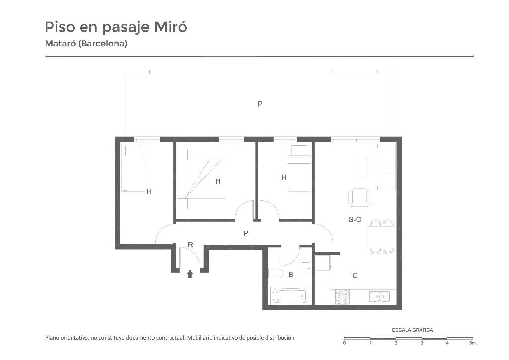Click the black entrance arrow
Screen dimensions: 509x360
point(190,274)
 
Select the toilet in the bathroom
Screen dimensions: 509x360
point(276,273)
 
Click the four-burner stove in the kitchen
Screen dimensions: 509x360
point(342,297)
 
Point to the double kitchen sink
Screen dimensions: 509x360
point(379,296)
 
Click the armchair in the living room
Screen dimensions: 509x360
point(360,198)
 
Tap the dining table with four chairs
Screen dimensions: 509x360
point(381,237)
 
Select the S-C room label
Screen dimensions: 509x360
point(355,220)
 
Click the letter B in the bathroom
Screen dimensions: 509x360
point(291,275)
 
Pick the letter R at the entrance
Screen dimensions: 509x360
point(190,245)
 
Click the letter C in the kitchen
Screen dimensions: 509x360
point(355,276)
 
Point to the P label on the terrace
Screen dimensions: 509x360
point(260,104)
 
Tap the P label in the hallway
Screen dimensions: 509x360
point(246,233)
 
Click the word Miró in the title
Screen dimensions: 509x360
point(170,27)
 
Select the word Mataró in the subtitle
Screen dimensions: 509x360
point(60,43)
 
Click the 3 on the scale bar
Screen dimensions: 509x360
point(422,343)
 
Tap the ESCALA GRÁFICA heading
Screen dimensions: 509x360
point(412,330)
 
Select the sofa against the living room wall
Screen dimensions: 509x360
point(385,169)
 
